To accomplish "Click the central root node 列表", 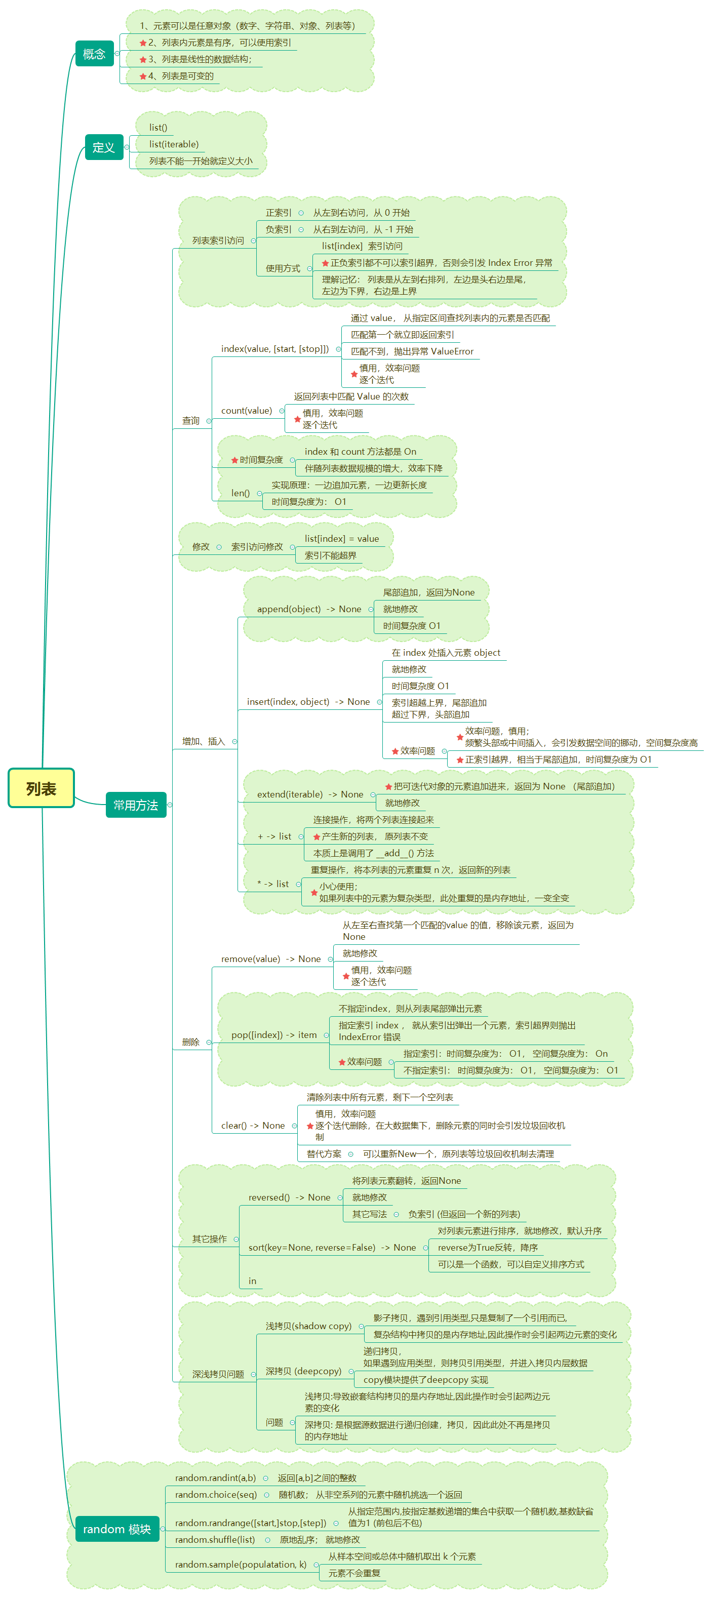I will pyautogui.click(x=41, y=788).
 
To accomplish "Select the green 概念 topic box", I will pyautogui.click(x=94, y=54).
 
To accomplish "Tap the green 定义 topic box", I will pyautogui.click(x=104, y=147).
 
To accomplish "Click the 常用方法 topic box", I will pyautogui.click(x=135, y=805).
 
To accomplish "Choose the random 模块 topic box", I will pyautogui.click(x=116, y=1528).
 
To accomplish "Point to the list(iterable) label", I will pyautogui.click(x=174, y=144).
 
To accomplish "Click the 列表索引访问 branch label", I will pyautogui.click(x=218, y=240).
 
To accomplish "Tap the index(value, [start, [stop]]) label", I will pyautogui.click(x=275, y=348).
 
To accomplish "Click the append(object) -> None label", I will pyautogui.click(x=308, y=609).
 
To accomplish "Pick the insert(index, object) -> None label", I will pyautogui.click(x=308, y=701).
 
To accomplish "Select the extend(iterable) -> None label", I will pyautogui.click(x=310, y=794).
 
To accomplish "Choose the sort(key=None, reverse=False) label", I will pyautogui.click(x=332, y=1247).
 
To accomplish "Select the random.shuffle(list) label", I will pyautogui.click(x=215, y=1539).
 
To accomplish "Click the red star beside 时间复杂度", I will pyautogui.click(x=234, y=460).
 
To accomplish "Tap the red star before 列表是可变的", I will pyautogui.click(x=143, y=76).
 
